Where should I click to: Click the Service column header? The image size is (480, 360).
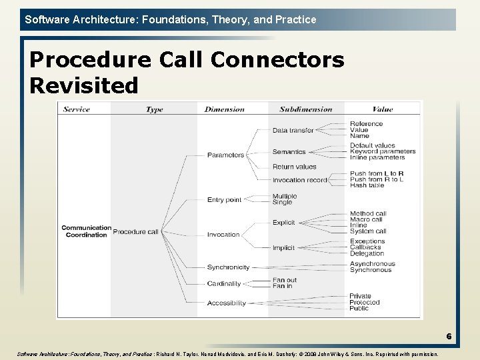(x=76, y=109)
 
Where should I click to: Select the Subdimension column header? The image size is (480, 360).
(x=305, y=109)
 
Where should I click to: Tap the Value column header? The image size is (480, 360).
(x=383, y=109)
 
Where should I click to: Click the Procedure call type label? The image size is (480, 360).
(x=135, y=232)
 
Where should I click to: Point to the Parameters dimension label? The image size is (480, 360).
(x=225, y=155)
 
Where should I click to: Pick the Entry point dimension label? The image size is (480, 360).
(x=224, y=200)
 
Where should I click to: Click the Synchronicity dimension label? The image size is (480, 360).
(x=228, y=267)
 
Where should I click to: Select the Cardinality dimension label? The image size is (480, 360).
(x=224, y=284)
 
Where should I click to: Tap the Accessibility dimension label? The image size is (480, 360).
(x=226, y=303)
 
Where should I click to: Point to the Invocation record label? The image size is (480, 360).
(x=299, y=180)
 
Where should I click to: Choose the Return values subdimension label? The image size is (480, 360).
(x=294, y=167)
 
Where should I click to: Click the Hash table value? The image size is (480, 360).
(x=367, y=185)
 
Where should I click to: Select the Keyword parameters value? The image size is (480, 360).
(x=383, y=151)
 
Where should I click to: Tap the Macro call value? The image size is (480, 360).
(x=366, y=220)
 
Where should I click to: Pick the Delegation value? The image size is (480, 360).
(x=367, y=253)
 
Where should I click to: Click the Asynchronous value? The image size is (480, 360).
(x=372, y=264)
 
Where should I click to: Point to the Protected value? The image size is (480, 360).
(x=365, y=303)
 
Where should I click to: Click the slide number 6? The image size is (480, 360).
(x=449, y=337)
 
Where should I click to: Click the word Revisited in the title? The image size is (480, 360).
(x=84, y=85)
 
